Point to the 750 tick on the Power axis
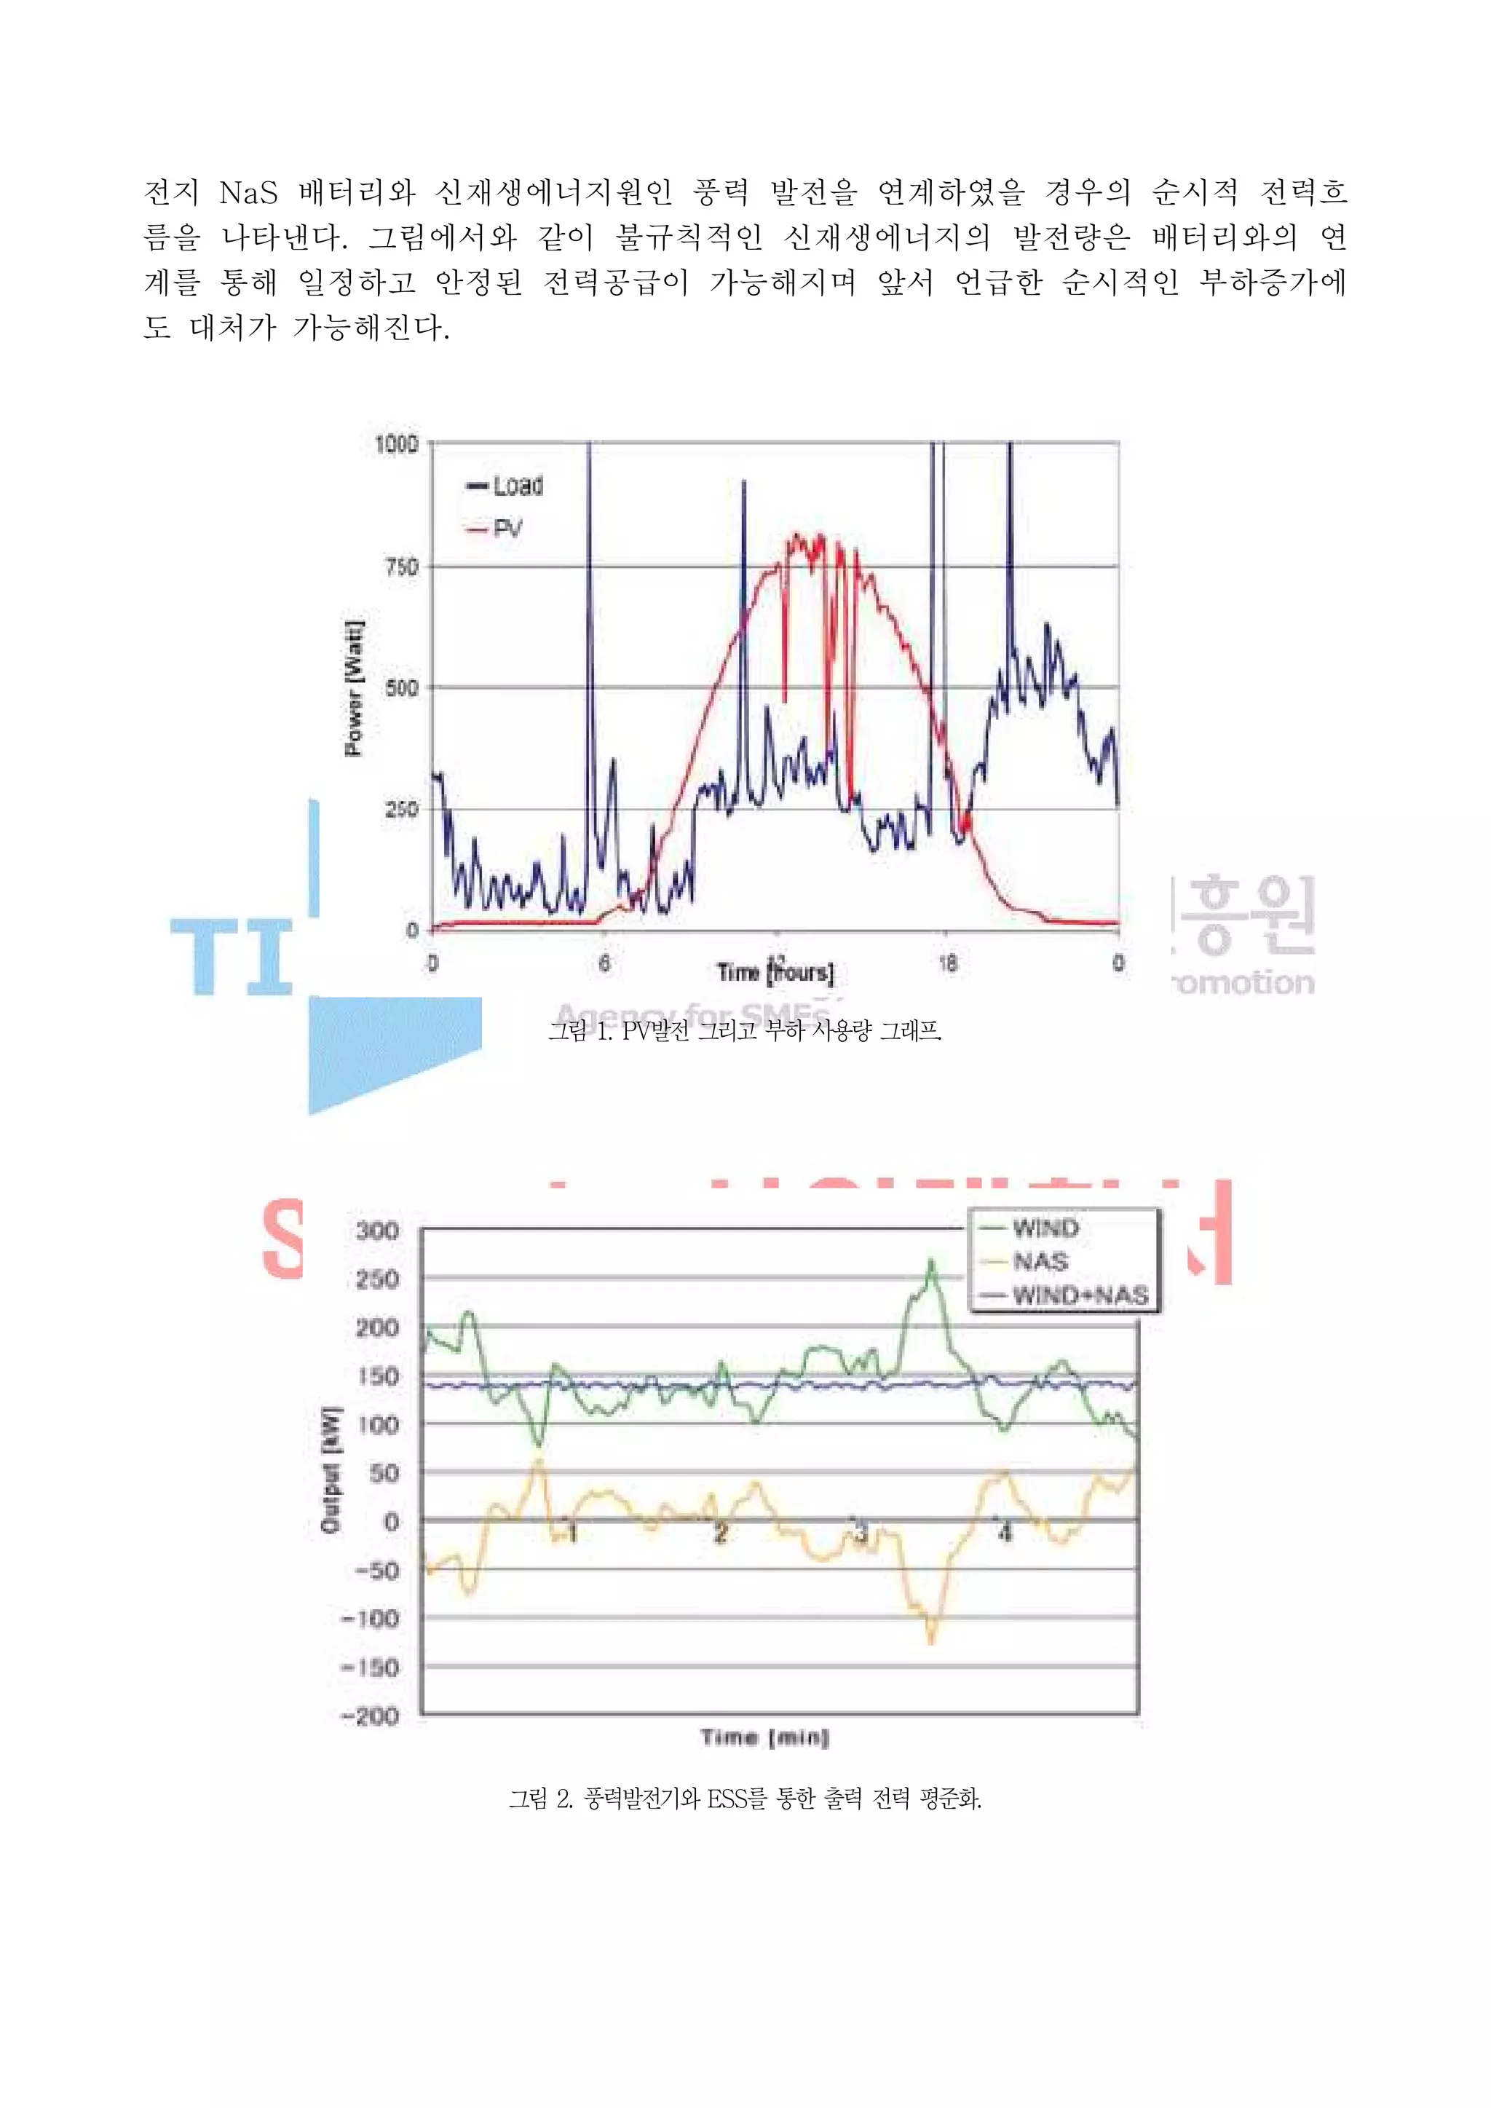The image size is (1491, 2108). tap(401, 567)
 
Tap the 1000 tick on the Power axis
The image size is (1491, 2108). tap(397, 444)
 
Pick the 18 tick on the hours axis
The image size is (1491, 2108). tap(947, 962)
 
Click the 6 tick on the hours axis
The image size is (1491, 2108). tap(604, 962)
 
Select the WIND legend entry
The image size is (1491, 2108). tap(1045, 1228)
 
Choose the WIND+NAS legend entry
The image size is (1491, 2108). tap(1080, 1295)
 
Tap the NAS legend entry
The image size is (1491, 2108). tap(1040, 1261)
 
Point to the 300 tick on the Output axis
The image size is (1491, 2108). tap(377, 1231)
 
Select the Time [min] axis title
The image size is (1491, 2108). tap(764, 1737)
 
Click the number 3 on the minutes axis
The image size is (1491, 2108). tap(861, 1531)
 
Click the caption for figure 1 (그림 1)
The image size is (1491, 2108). tap(745, 1031)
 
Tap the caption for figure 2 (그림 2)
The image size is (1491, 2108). tap(745, 1798)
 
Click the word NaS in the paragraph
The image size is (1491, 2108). tap(248, 193)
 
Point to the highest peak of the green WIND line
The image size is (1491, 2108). tap(932, 1260)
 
